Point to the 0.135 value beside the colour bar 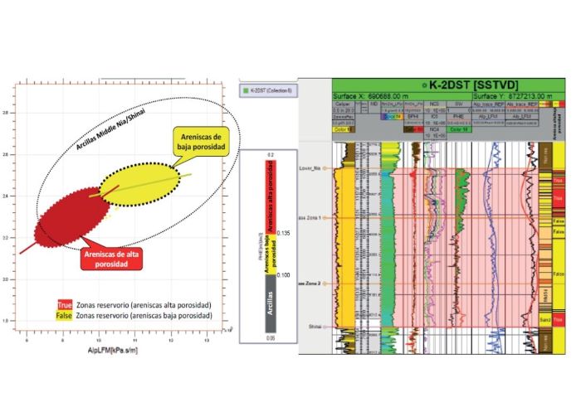coord(286,234)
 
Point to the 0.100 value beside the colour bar coord(286,274)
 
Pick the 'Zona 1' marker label coord(315,217)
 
